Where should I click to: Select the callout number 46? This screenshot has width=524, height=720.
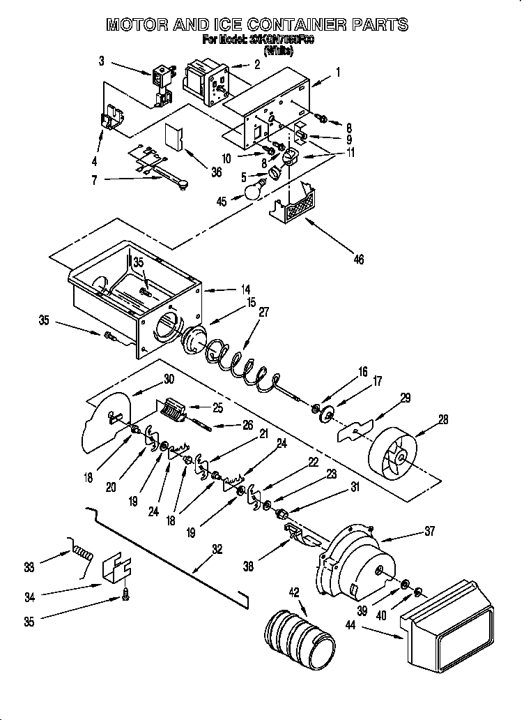[x=358, y=260]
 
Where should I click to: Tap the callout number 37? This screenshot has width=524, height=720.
[x=429, y=531]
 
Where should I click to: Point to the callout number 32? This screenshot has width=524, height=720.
[x=217, y=549]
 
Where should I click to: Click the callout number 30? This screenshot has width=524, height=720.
[x=169, y=379]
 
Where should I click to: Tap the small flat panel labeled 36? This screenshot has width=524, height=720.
[x=173, y=137]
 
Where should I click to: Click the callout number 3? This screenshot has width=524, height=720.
[x=102, y=61]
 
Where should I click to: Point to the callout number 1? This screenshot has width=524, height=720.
[x=337, y=70]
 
